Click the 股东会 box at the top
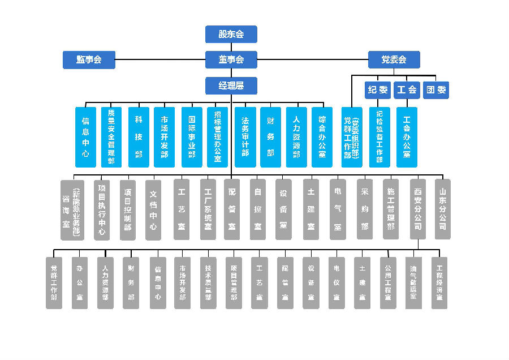coord(231,34)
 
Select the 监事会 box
coord(89,59)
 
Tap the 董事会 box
coord(231,59)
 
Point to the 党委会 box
coord(394,59)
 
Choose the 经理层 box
coord(231,86)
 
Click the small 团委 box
coord(436,89)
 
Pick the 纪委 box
coord(378,89)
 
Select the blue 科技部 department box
coord(139,137)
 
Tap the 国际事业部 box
coord(191,137)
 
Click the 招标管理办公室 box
coord(217,137)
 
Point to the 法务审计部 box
coord(244,137)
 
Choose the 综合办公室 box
coord(322,137)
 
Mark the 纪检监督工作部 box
coord(379,137)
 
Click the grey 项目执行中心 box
coord(102,209)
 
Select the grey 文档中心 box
coord(153,209)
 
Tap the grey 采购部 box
coord(364,209)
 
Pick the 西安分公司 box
coord(417,209)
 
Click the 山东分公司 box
coord(442,209)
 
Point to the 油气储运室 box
coord(413,282)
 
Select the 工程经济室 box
coord(439,282)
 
